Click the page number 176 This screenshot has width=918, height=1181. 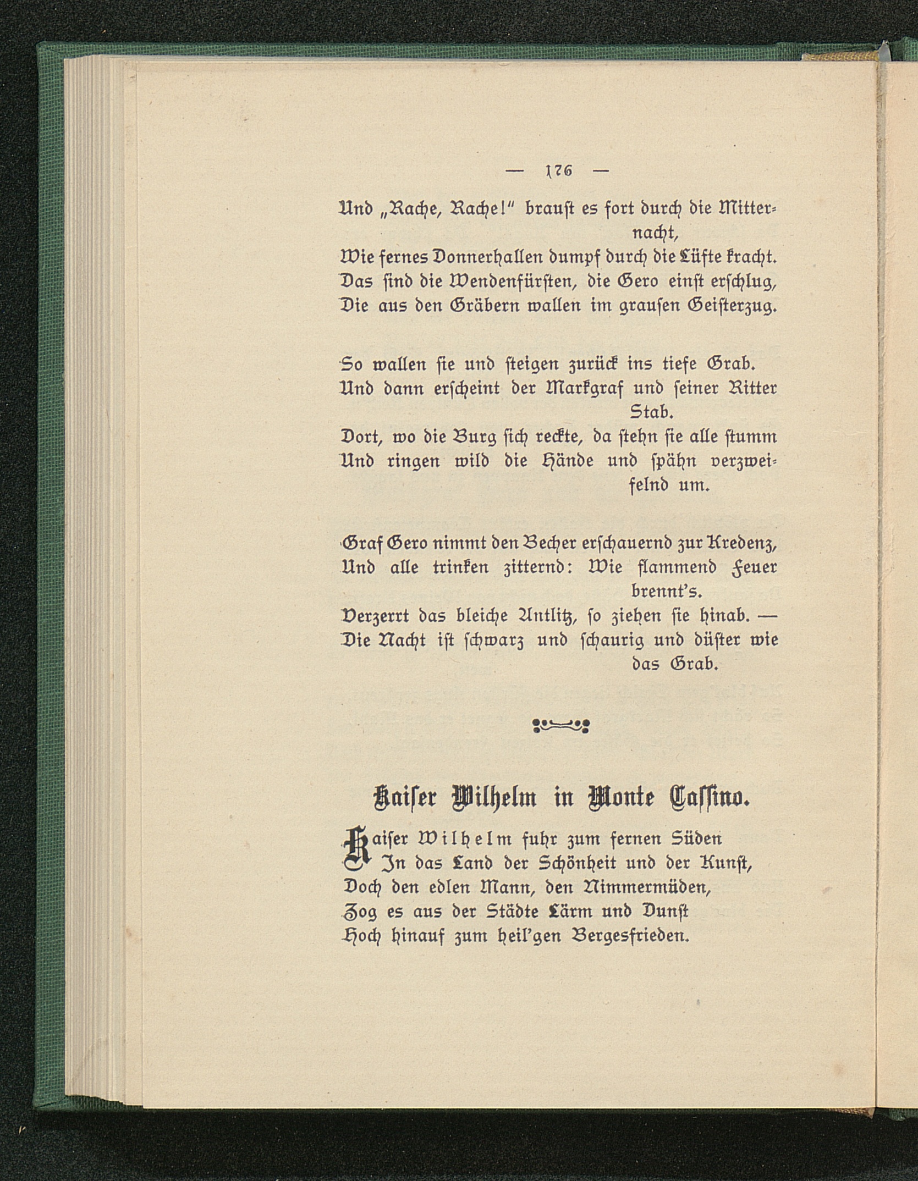558,171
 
